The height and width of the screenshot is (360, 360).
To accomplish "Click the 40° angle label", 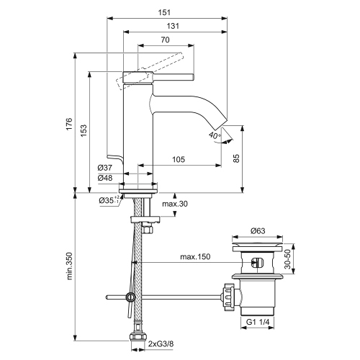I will tap(214, 135).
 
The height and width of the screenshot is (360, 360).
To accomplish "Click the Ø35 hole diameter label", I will tap(108, 201).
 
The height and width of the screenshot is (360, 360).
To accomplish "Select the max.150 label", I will tap(194, 258).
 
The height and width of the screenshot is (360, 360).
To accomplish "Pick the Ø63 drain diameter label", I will tap(258, 231).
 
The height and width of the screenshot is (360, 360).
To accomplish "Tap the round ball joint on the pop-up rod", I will tap(130, 297).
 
